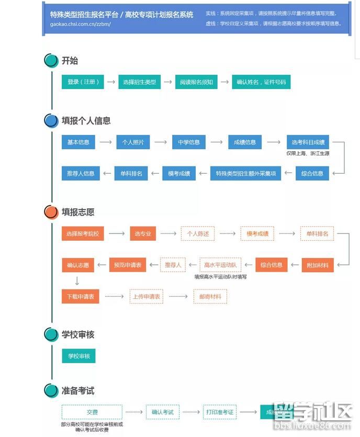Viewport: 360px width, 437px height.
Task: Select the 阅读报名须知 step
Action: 196,82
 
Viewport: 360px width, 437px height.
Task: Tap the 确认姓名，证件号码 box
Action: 261,82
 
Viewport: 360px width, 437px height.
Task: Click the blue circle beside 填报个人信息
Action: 51,121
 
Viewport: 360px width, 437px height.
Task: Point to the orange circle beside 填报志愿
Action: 51,212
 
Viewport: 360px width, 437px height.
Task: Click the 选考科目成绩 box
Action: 308,142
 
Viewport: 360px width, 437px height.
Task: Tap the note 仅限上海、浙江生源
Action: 308,153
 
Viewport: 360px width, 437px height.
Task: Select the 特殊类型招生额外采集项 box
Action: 245,173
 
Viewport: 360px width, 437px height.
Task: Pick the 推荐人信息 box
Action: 81,173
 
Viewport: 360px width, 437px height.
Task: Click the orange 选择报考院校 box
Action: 83,233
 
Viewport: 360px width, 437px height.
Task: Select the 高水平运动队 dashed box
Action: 220,265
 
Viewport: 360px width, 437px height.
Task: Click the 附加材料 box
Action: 318,265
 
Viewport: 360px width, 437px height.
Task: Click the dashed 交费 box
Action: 92,412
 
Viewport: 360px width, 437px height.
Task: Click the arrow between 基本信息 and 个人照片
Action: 106,142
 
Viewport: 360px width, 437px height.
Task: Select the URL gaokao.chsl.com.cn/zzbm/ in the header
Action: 81,24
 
